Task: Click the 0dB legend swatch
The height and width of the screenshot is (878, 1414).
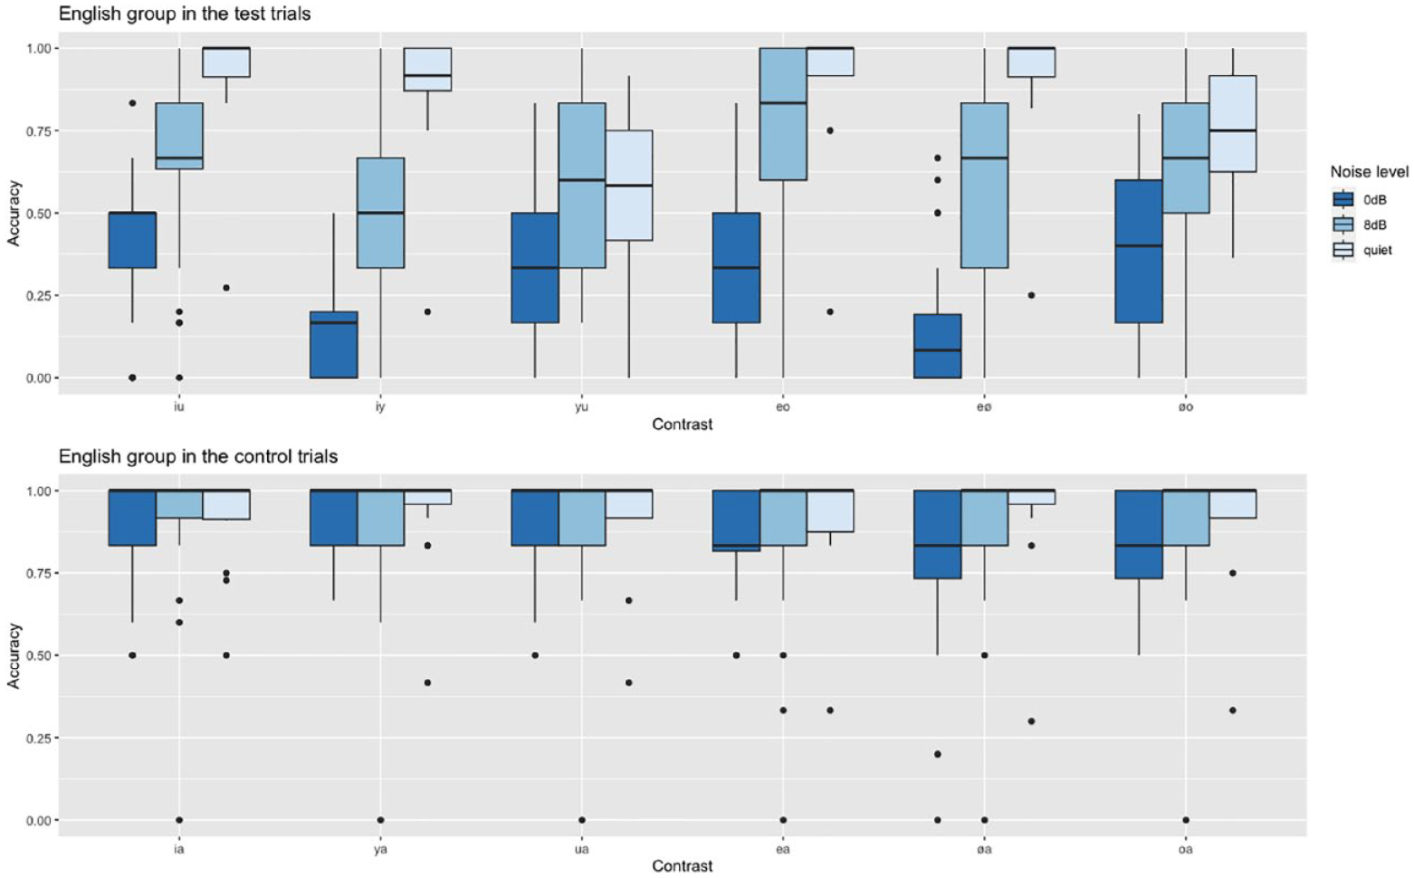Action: [x=1343, y=199]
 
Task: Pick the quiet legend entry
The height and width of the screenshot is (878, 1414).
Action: [x=1362, y=250]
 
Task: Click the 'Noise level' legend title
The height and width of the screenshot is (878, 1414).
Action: [x=1369, y=172]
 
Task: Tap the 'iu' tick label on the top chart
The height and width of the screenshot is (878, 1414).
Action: [x=178, y=406]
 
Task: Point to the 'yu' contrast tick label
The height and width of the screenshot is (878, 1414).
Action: [x=581, y=406]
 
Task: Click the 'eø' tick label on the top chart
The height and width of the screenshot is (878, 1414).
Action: [x=984, y=406]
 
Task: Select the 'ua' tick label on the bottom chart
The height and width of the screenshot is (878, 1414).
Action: [x=581, y=849]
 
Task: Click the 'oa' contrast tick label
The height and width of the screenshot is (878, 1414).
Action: [x=1186, y=849]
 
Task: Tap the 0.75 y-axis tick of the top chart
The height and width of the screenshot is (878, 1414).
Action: [x=41, y=130]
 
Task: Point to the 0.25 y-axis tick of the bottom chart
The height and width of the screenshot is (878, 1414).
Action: [x=41, y=738]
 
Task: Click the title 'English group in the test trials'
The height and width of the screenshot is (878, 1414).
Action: [x=185, y=14]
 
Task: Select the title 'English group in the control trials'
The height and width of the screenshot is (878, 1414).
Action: [x=198, y=455]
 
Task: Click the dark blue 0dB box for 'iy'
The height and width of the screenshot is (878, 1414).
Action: [x=334, y=345]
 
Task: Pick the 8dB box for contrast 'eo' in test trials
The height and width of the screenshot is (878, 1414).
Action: [x=783, y=114]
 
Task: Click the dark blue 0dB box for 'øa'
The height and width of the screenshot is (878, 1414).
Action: [x=938, y=534]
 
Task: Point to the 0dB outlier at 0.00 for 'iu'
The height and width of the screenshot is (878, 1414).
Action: [x=132, y=377]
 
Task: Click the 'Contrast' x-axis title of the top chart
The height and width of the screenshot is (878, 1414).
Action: [x=683, y=425]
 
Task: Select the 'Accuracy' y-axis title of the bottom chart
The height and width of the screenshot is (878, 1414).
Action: [x=14, y=656]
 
